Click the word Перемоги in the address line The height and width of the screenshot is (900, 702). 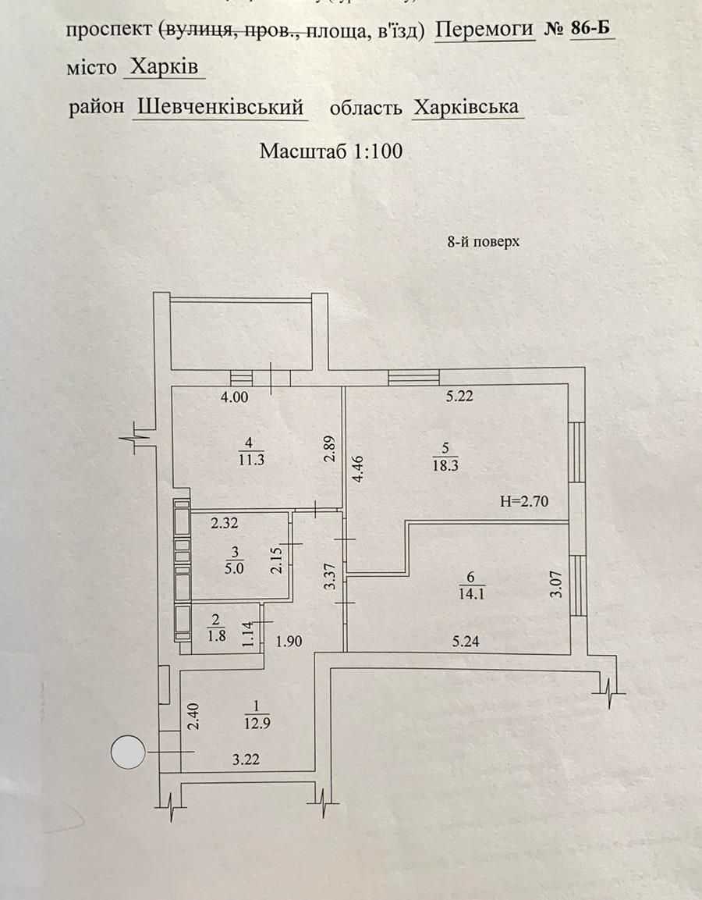tap(484, 30)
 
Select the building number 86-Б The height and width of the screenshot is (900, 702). tap(590, 28)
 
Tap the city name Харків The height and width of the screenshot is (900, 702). tap(164, 67)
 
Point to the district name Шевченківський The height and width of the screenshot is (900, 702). tap(221, 108)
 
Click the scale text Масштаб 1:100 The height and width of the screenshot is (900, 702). tap(331, 151)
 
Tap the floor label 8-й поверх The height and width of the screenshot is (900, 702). tap(483, 242)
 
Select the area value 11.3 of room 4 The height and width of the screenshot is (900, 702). tap(251, 459)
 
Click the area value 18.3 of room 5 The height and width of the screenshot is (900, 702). tap(445, 465)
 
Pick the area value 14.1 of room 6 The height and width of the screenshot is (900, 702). tap(471, 593)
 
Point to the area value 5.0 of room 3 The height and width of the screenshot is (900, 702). tap(235, 568)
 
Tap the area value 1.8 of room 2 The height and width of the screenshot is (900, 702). tap(216, 635)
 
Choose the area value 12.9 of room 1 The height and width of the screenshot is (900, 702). tap(257, 724)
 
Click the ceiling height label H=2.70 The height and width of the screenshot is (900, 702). tap(524, 502)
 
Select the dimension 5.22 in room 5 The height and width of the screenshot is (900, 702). tap(459, 396)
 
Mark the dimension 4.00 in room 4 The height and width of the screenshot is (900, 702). tap(235, 397)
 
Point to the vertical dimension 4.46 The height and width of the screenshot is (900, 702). tap(358, 468)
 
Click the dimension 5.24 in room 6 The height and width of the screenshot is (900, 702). tap(465, 641)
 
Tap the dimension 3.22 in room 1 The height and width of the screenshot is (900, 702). tap(246, 759)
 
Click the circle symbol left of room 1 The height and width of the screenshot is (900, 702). tap(127, 752)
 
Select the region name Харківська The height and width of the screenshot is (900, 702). tap(466, 108)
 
